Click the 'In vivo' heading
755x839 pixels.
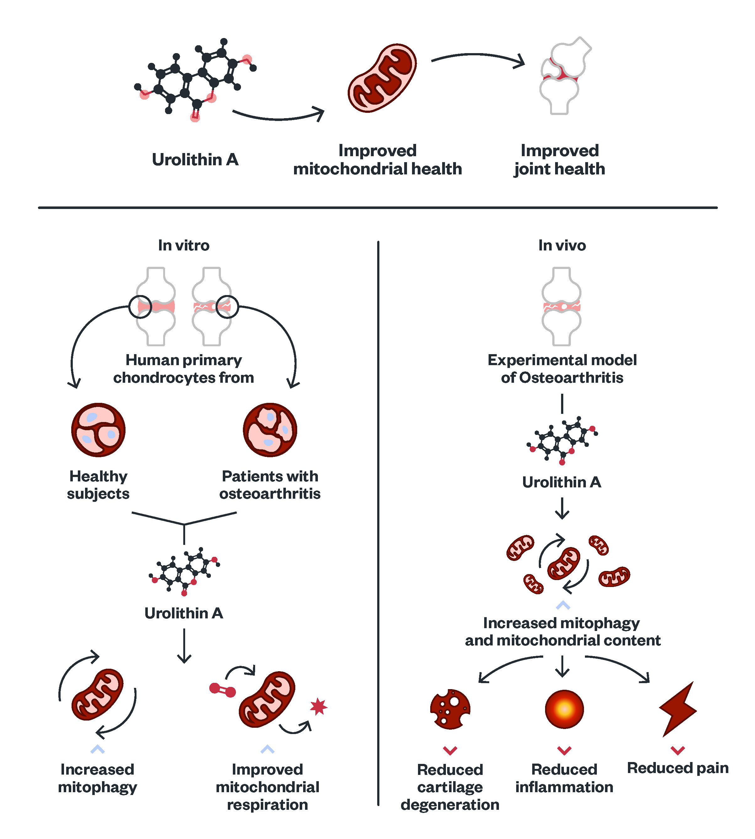point(562,245)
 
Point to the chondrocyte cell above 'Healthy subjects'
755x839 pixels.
point(98,430)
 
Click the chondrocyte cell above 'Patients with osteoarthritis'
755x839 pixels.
point(270,430)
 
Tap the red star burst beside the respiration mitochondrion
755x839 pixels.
point(319,706)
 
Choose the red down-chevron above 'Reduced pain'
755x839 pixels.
point(678,750)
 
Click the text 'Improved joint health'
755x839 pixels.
point(560,160)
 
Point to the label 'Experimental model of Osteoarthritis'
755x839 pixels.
point(562,369)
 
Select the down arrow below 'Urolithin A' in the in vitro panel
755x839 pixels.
point(184,646)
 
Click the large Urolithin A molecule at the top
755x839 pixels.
point(195,79)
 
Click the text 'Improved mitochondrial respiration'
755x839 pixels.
point(268,787)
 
